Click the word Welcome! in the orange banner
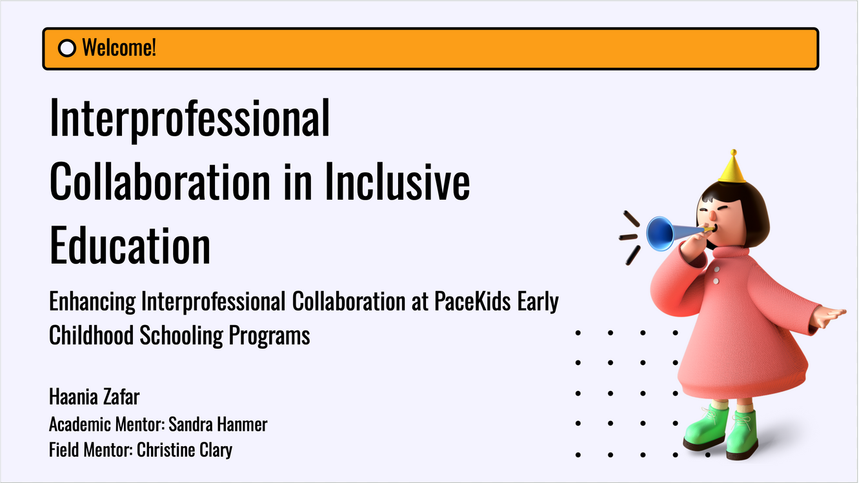coord(119,48)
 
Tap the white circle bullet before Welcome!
coord(66,48)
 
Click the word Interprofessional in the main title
coord(190,119)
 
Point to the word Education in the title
coord(130,244)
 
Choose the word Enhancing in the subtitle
coord(92,302)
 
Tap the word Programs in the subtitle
coord(269,336)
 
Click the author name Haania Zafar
coord(94,396)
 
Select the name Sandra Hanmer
coord(218,424)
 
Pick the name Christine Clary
coord(185,449)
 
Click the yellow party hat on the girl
coord(732,168)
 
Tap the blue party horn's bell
coord(660,233)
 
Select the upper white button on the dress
coord(716,270)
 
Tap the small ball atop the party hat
coord(733,152)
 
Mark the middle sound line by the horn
coord(628,237)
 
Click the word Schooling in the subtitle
coord(181,336)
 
